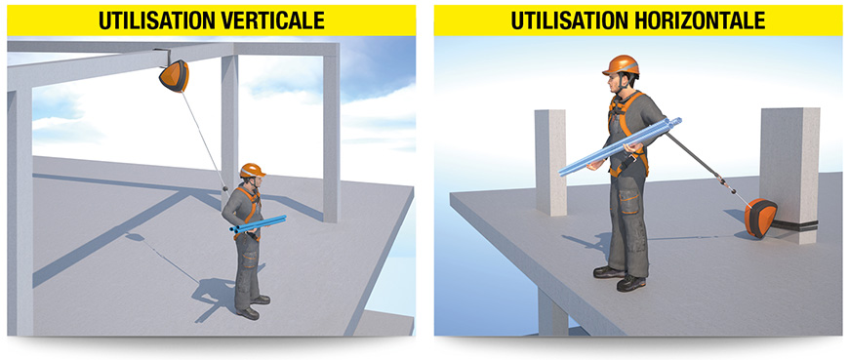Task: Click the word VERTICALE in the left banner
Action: (273, 20)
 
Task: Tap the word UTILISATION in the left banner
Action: (157, 20)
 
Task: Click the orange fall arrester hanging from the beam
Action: (175, 76)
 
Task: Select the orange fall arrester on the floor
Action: (761, 219)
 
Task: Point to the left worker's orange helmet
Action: (252, 170)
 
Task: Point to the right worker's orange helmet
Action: (622, 65)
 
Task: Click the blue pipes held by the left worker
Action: (258, 223)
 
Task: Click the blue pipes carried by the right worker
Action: (621, 146)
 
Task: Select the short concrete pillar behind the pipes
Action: (550, 162)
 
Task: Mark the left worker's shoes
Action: (253, 307)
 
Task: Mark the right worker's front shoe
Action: (631, 283)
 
